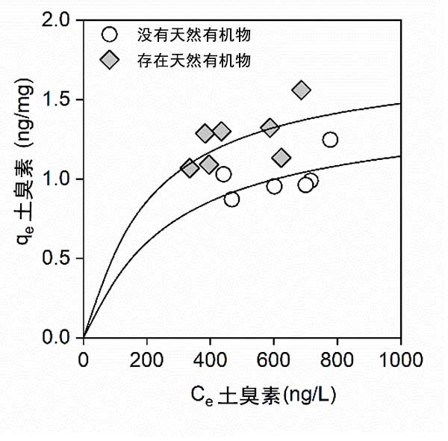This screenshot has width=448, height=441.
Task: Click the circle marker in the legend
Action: point(110,34)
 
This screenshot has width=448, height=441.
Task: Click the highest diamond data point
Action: point(301,90)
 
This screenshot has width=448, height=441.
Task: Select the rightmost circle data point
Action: point(330,140)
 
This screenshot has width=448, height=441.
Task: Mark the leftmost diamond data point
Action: point(190,167)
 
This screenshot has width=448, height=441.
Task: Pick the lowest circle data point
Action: point(231,199)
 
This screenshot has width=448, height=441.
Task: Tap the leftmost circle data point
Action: point(223,174)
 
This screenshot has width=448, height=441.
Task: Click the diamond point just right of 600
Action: point(281,158)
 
